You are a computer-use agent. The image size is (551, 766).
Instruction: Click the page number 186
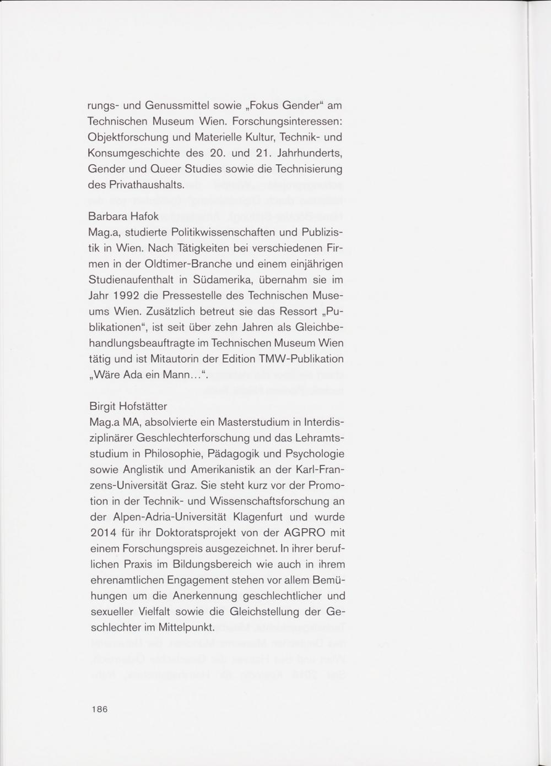(99, 709)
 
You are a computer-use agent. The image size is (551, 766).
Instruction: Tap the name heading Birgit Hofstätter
(128, 406)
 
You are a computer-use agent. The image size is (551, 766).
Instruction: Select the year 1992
(128, 296)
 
